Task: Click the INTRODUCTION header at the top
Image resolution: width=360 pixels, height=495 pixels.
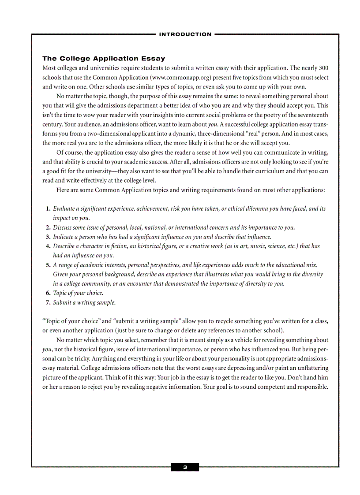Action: click(x=185, y=34)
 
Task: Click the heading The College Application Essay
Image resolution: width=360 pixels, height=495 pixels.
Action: click(x=104, y=59)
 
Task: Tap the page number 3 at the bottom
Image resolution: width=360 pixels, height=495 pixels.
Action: click(x=185, y=467)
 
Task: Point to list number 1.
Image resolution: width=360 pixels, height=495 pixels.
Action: click(x=48, y=209)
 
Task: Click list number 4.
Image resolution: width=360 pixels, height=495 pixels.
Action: click(x=48, y=246)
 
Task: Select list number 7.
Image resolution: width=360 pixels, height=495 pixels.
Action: click(x=48, y=303)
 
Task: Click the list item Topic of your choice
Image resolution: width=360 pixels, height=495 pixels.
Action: click(x=78, y=293)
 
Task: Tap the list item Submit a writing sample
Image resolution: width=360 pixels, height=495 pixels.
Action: click(x=84, y=303)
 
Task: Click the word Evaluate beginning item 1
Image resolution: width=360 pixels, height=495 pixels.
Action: click(x=64, y=209)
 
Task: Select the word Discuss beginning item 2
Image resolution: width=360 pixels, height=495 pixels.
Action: click(x=63, y=228)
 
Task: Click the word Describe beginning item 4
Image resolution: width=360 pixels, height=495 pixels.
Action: click(x=64, y=246)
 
